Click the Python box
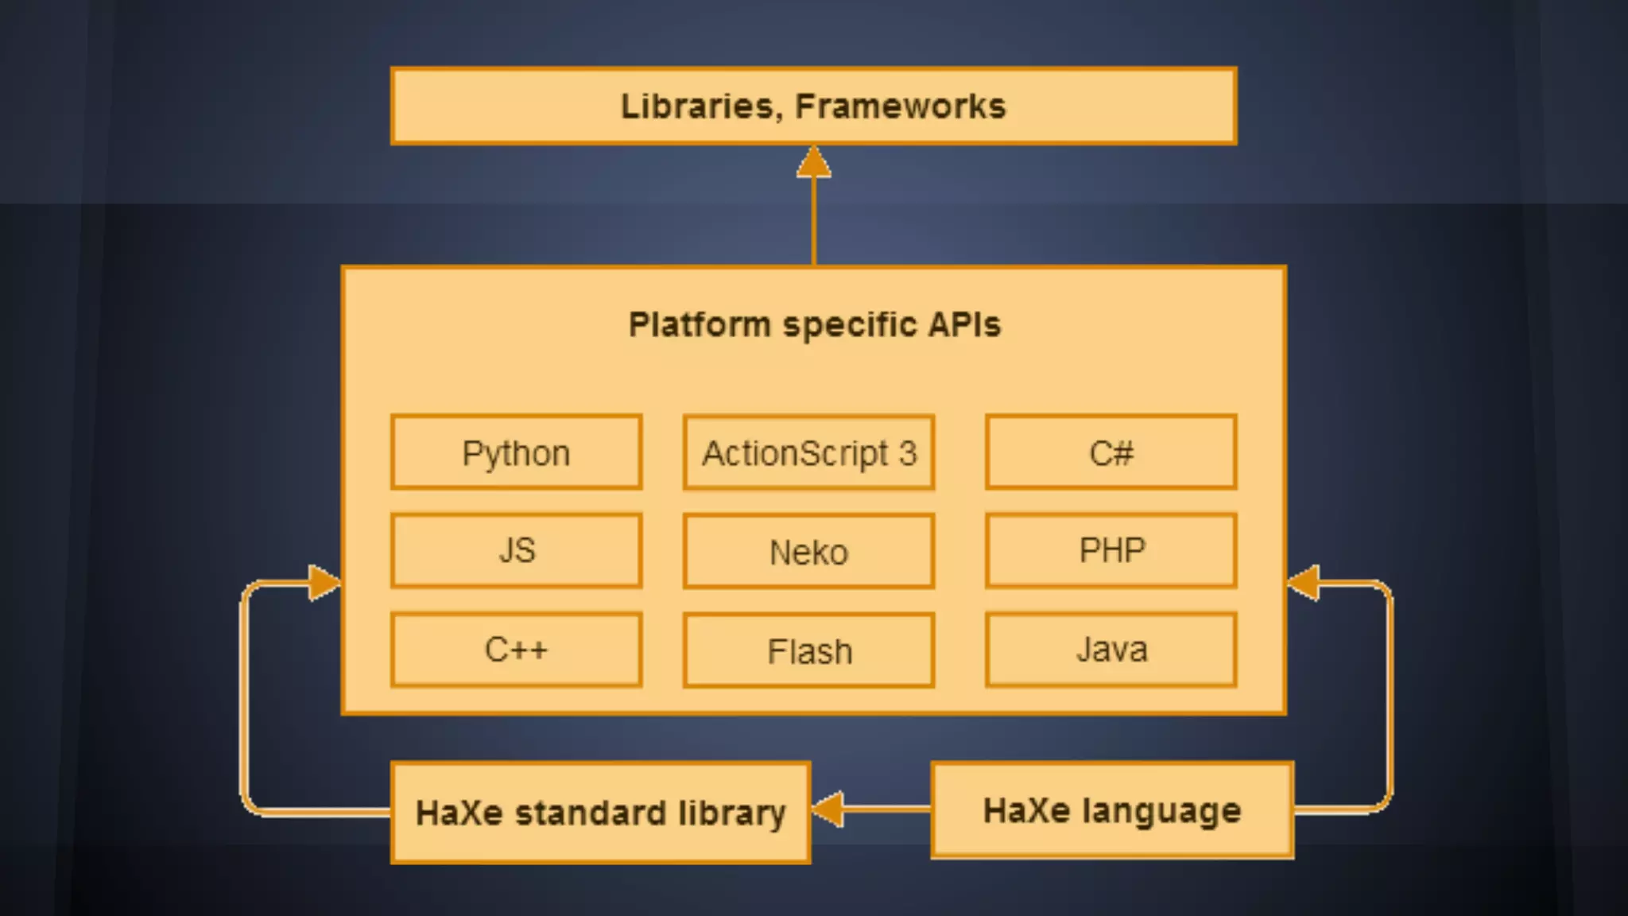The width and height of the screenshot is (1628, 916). pos(516,452)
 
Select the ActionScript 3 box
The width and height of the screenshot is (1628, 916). pos(808,452)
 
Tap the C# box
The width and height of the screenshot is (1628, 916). pos(1111,452)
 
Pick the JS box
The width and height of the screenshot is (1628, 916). pos(516,550)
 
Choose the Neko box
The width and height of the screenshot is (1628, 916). pos(808,551)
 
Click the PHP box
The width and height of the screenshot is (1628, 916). pos(1111,550)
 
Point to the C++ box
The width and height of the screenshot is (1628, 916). pos(516,649)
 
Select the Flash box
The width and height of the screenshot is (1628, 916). pos(808,650)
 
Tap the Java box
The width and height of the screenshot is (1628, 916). pos(1111,649)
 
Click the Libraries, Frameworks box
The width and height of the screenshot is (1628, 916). pos(813,106)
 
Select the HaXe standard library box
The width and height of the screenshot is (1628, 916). pos(600,812)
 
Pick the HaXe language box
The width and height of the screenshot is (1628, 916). pos(1112,810)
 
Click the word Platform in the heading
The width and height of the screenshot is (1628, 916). pos(700,324)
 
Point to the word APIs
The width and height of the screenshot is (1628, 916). pos(964,324)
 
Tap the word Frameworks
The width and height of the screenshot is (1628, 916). pos(900,106)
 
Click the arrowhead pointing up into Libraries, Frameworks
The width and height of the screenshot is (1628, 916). pos(813,162)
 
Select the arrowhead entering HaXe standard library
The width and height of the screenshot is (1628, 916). pos(828,809)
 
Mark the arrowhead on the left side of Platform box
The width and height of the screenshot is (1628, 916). pos(324,583)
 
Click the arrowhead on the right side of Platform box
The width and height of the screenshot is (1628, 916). pos(1304,583)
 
